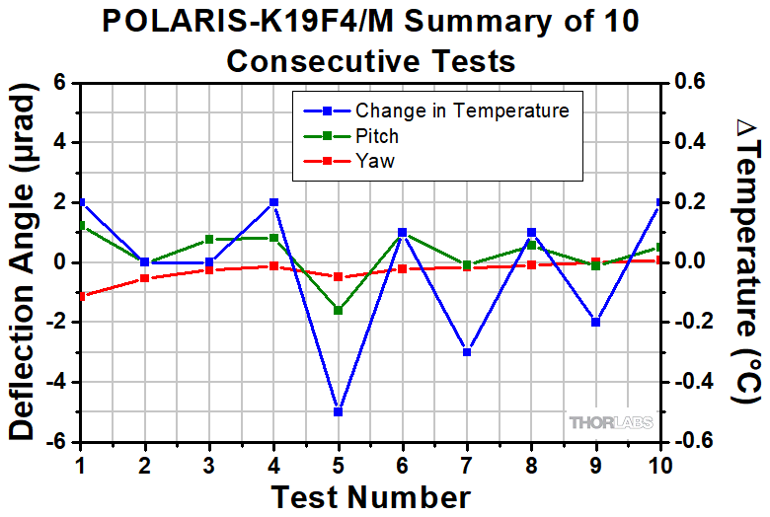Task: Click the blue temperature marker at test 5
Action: [x=338, y=411]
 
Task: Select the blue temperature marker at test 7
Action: [x=467, y=352]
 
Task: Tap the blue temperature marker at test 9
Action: [x=596, y=322]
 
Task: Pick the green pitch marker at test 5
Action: [x=338, y=310]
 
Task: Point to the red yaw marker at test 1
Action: [x=80, y=295]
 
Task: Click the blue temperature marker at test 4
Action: [x=273, y=202]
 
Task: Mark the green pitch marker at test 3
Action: [x=209, y=239]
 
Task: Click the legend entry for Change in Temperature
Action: [x=462, y=110]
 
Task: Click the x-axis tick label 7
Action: [x=467, y=464]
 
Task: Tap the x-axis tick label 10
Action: [x=659, y=464]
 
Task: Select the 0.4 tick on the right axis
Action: [x=693, y=143]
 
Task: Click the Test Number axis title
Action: [x=370, y=494]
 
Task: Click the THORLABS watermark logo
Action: [x=610, y=422]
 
